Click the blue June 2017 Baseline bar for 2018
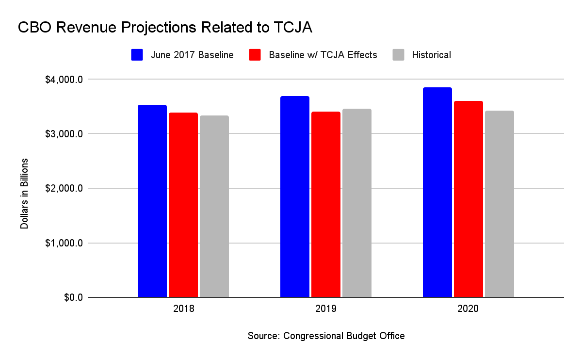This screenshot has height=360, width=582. pyautogui.click(x=152, y=201)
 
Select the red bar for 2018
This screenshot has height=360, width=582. pyautogui.click(x=183, y=205)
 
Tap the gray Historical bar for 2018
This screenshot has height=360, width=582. pyautogui.click(x=214, y=206)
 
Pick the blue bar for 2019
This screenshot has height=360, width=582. pyautogui.click(x=295, y=196)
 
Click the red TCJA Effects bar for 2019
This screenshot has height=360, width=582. pyautogui.click(x=326, y=204)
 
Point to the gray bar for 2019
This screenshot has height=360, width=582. pyautogui.click(x=357, y=203)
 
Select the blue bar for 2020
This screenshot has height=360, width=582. pyautogui.click(x=437, y=192)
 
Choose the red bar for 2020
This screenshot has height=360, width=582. pyautogui.click(x=469, y=199)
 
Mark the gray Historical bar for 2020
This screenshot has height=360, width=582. pyautogui.click(x=500, y=204)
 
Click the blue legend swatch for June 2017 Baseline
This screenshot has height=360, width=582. pyautogui.click(x=137, y=55)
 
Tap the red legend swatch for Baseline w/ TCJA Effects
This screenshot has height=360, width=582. pyautogui.click(x=255, y=55)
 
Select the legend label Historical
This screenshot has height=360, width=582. pyautogui.click(x=431, y=55)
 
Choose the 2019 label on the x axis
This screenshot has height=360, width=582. pyautogui.click(x=326, y=309)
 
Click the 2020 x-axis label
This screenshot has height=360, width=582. pyautogui.click(x=469, y=309)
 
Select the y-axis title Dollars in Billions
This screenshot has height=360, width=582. pyautogui.click(x=24, y=194)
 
